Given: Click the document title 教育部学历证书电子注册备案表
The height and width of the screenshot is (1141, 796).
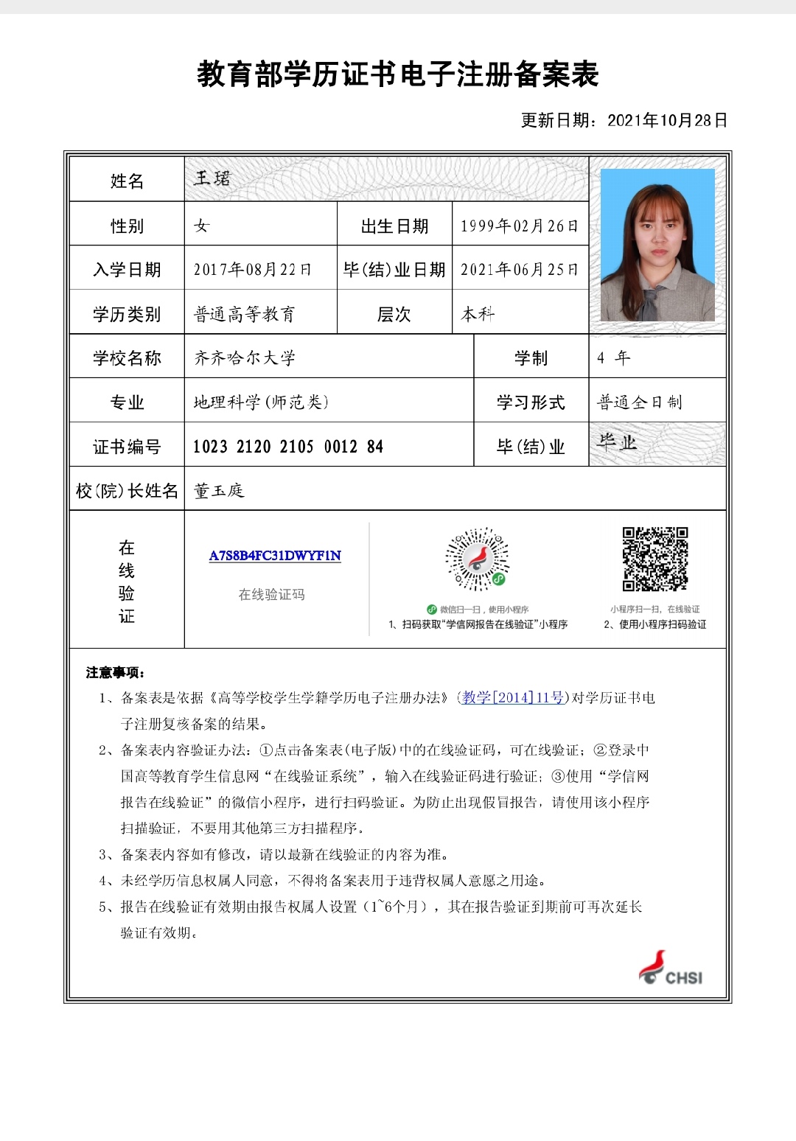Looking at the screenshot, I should tap(397, 74).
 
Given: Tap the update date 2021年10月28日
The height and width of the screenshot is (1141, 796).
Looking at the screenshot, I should tap(667, 120).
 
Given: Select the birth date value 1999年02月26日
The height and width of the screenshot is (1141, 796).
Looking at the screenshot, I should tap(519, 226).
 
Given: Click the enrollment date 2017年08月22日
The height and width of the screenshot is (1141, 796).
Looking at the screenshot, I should tap(252, 270).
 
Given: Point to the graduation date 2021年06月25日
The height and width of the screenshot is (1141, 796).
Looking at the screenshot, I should tap(519, 270).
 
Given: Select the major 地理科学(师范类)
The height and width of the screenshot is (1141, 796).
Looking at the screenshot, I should tap(261, 402).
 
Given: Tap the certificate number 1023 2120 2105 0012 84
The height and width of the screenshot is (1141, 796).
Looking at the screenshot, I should tap(287, 447).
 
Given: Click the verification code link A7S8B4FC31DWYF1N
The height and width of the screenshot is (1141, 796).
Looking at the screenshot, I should tap(275, 556).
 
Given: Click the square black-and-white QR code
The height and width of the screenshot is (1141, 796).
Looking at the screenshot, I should tap(655, 559).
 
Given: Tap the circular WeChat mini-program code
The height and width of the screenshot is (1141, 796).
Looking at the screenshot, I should tap(477, 559).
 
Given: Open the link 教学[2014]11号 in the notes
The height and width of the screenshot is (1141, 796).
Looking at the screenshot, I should tap(513, 697).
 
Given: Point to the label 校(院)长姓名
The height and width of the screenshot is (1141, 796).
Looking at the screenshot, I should tap(127, 491).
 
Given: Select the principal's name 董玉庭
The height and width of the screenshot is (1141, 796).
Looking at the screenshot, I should tap(218, 491).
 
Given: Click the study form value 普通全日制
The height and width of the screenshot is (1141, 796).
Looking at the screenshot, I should tap(639, 402).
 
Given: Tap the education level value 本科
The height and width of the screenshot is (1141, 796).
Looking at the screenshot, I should tap(478, 314).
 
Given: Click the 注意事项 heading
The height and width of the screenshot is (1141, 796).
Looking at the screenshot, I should tap(115, 672).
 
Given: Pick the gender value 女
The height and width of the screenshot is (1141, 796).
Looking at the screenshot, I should tap(201, 226).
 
